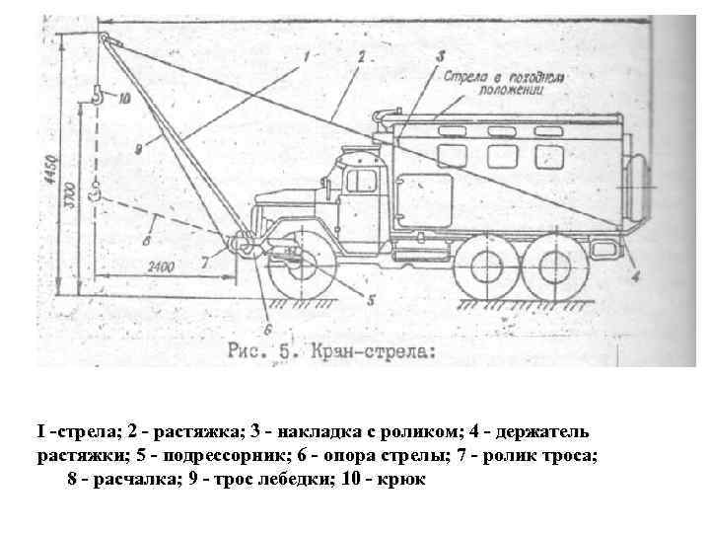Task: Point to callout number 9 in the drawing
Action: coord(138,147)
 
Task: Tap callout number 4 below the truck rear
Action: coord(634,276)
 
